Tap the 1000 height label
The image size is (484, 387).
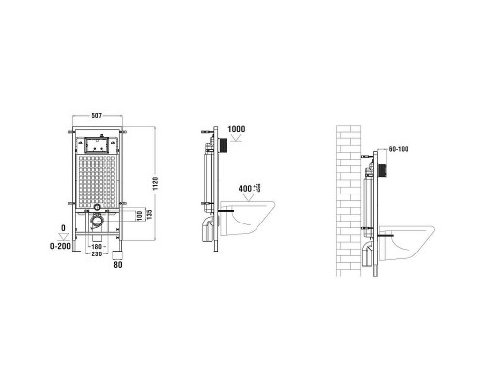tap(236, 129)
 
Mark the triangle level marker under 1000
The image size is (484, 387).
tap(235, 139)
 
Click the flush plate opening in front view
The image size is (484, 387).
tap(97, 147)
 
